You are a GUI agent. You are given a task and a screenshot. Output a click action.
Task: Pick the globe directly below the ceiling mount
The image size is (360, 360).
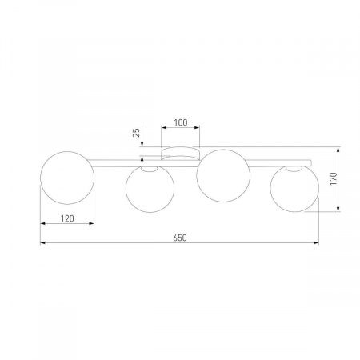pyautogui.click(x=222, y=177)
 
